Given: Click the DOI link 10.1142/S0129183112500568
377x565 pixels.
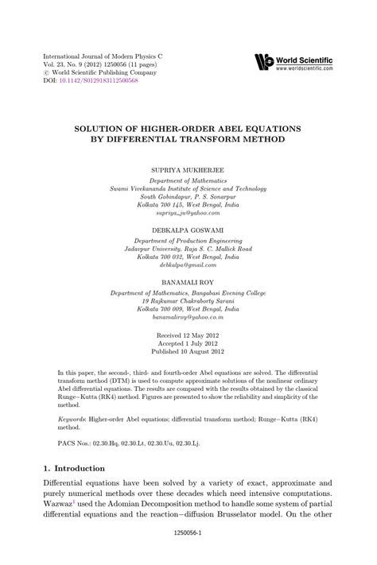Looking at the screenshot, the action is point(96,81).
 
